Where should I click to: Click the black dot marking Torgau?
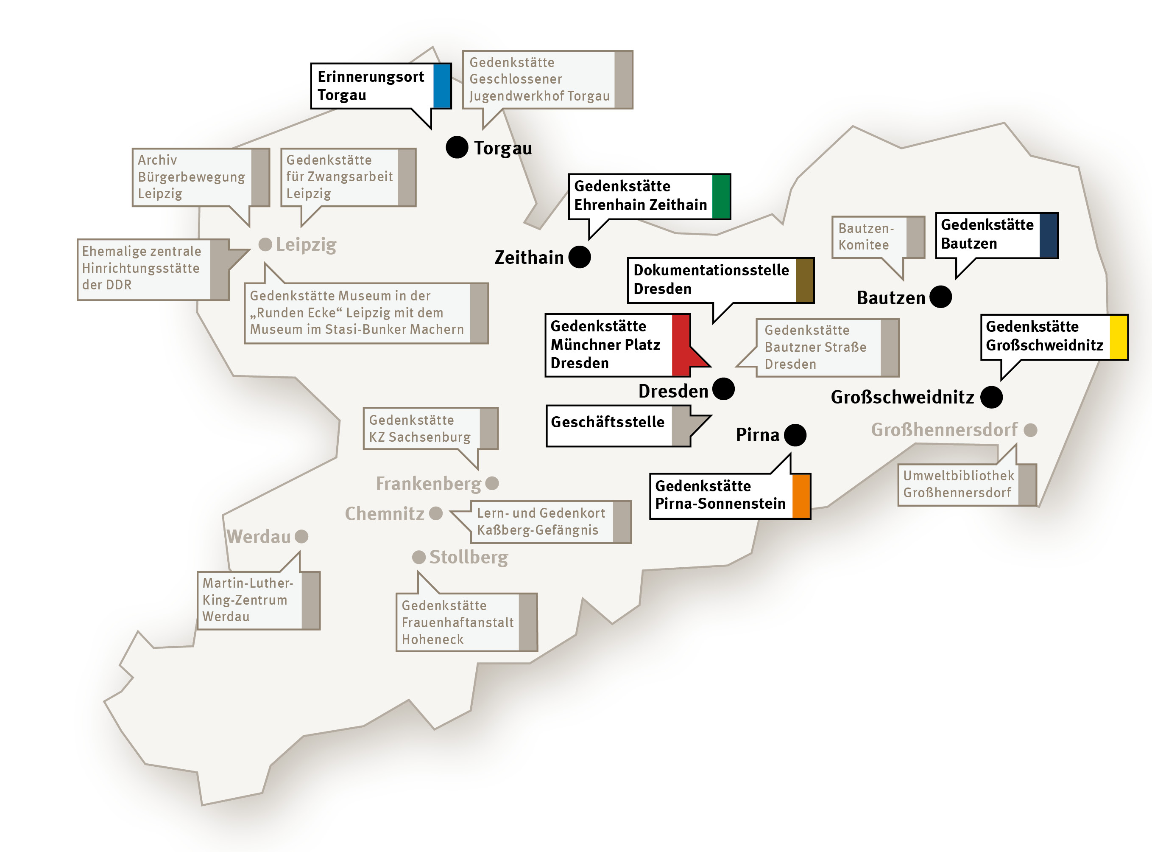[457, 148]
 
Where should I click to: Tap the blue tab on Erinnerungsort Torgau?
[442, 86]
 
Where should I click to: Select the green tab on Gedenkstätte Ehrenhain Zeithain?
[720, 196]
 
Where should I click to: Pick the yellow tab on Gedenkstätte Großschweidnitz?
[1118, 337]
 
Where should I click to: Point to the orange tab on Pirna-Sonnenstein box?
[801, 496]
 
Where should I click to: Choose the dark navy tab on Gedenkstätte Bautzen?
[1049, 235]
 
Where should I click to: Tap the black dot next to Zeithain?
[579, 257]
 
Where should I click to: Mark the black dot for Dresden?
[723, 389]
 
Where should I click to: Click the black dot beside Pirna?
[795, 435]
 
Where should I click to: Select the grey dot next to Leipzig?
[265, 244]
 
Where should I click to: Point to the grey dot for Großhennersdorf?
[1030, 430]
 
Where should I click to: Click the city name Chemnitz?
[385, 514]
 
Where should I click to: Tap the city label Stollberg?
[469, 558]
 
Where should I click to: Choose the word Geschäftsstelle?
[608, 422]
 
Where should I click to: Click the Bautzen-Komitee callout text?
[866, 237]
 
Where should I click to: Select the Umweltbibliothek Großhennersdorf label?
[958, 484]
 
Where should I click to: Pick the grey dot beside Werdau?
[301, 536]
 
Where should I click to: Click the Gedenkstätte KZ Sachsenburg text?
[420, 429]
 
